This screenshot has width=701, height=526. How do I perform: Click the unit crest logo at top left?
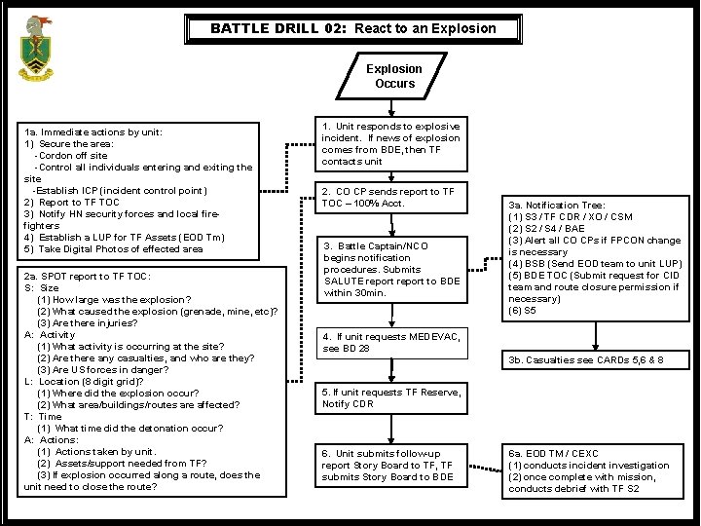tap(37, 48)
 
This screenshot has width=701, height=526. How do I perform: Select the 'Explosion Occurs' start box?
tap(394, 76)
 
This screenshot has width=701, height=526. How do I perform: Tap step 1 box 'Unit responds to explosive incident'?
tap(391, 144)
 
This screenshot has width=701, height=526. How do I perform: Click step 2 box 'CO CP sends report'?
tap(391, 198)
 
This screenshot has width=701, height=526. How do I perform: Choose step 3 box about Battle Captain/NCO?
tap(391, 269)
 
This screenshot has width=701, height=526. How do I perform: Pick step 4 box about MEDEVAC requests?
tap(391, 343)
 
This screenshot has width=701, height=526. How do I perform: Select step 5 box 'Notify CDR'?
tap(391, 397)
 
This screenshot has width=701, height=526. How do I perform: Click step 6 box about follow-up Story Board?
tap(391, 466)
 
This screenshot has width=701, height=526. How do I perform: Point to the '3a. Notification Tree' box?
tap(595, 258)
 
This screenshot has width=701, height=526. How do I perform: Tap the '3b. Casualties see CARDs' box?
tap(595, 359)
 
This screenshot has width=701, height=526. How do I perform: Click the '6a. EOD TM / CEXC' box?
tap(595, 470)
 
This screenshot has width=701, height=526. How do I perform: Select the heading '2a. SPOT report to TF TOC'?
tap(88, 277)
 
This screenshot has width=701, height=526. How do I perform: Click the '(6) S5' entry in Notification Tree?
tap(522, 311)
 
